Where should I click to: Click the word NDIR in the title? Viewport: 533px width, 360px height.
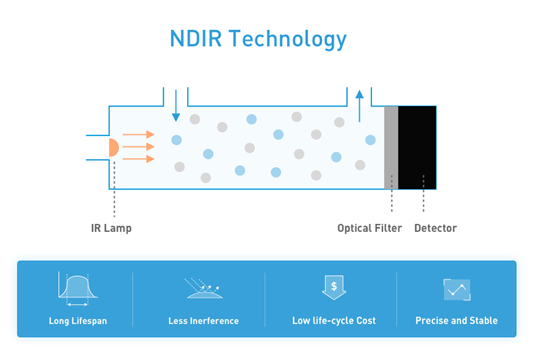point(196,38)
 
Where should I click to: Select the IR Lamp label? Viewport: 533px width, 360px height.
point(111,228)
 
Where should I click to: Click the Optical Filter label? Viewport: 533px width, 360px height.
point(369,228)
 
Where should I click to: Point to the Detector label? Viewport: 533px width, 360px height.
point(435,228)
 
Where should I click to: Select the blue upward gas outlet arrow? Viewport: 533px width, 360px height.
point(359,105)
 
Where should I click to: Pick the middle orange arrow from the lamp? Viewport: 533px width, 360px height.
point(139,147)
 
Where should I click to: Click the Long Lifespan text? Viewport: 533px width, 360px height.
point(78,320)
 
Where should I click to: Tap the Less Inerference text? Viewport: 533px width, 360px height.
point(203,320)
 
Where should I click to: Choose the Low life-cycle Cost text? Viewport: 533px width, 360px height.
point(334,320)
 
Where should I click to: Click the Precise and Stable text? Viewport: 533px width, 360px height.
point(457,320)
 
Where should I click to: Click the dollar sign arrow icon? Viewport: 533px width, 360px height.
point(334,287)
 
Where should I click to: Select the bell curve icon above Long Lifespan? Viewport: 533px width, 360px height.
point(78,289)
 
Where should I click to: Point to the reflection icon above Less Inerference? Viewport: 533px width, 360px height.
point(203,288)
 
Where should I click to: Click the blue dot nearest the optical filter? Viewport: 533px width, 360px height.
point(370,139)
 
